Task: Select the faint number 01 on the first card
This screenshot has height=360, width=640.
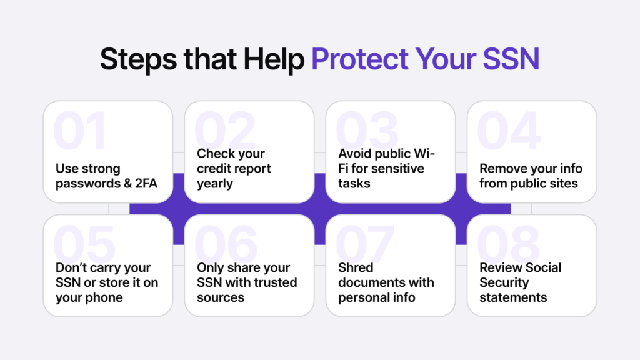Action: point(81,131)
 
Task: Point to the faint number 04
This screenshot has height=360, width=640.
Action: point(507,131)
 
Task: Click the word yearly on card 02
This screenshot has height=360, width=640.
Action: point(215,184)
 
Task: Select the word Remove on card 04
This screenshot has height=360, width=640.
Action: point(501,169)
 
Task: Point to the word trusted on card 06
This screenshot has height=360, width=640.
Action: point(274,282)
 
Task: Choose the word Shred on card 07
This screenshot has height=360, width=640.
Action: point(356,267)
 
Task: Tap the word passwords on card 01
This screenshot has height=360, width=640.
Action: point(84,184)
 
